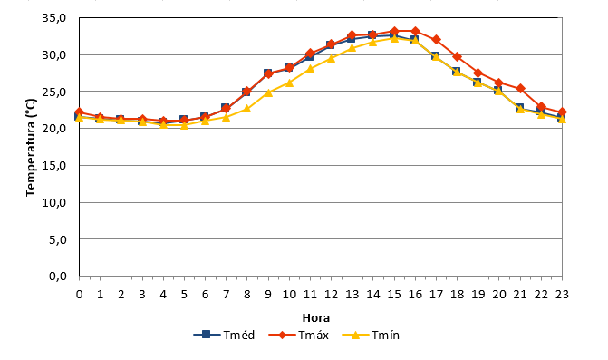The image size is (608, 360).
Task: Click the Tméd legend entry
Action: coord(224,335)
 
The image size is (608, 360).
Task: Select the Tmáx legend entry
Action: coord(299,335)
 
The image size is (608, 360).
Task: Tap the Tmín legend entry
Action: coord(372,335)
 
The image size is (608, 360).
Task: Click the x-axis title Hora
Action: coord(316,318)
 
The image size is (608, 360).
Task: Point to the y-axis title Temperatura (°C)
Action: coord(31,148)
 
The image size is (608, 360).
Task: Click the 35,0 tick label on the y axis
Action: coord(53,18)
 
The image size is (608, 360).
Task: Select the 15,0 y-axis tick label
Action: coord(53,166)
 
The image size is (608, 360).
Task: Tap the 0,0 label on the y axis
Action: coord(58,277)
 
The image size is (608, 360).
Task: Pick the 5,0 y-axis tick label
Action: coord(58,239)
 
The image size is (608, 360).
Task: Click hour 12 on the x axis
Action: coord(331,295)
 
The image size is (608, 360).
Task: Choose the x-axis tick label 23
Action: coord(562,295)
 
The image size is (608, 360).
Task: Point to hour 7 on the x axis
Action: coord(226,295)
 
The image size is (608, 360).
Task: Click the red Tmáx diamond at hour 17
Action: coord(436,39)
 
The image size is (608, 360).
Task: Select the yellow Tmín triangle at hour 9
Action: coord(268,92)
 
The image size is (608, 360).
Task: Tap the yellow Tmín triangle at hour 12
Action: coord(331,58)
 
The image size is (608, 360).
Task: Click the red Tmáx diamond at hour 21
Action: coord(520,89)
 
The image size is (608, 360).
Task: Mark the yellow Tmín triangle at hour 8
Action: coord(247,109)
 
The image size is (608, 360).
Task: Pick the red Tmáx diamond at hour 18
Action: coord(458,56)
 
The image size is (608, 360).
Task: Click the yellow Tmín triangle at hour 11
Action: coord(310,69)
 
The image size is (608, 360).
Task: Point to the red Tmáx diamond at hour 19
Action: coord(478,73)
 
